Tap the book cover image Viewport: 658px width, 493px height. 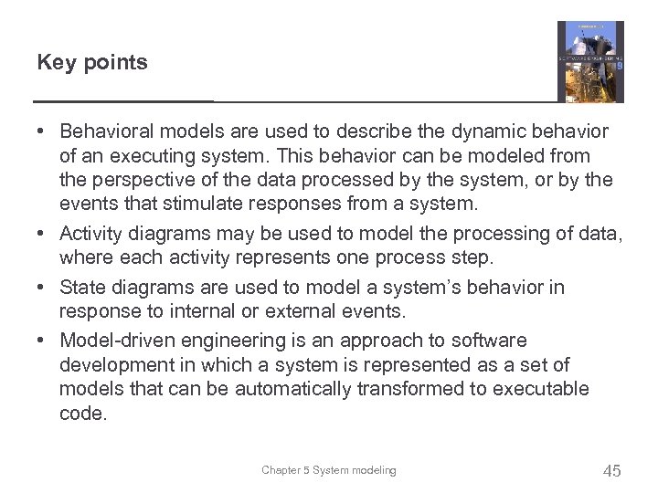point(590,61)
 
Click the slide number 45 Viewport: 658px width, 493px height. point(611,471)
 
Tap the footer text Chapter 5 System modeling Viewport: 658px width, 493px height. point(329,470)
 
